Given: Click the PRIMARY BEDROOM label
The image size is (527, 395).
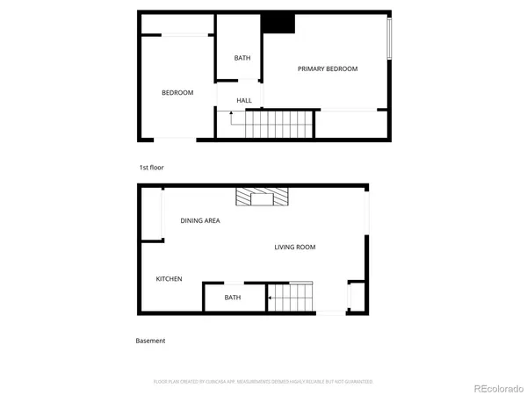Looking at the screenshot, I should coord(327,69).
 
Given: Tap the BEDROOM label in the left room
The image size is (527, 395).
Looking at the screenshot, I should coord(177,93).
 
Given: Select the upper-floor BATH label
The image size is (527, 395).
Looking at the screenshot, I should coord(242,59).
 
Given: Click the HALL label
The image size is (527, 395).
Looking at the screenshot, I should coord(244,101).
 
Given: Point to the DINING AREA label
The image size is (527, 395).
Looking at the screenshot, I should coord(199,220).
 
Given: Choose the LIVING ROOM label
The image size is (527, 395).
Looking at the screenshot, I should coord(294,248).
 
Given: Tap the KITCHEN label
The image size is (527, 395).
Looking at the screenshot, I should coord(170,279).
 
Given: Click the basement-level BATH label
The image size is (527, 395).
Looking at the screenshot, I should coord(233,298).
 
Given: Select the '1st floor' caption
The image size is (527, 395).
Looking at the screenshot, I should coord(151,167).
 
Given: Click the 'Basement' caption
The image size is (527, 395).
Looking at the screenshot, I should coord(150,341).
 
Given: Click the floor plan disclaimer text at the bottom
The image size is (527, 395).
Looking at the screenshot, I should coord(263,382).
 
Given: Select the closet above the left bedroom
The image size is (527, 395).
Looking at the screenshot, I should coord(177,24).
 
